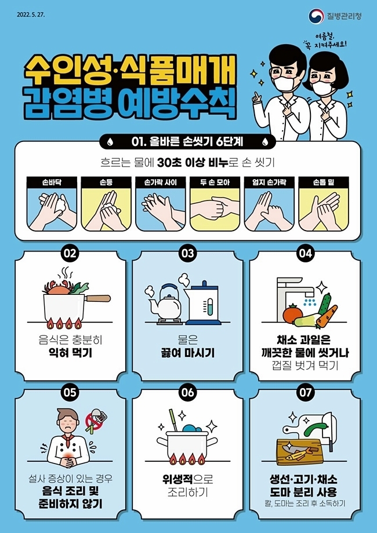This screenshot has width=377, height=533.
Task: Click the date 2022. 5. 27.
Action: [x=31, y=14]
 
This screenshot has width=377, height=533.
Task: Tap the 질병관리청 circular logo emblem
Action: [x=316, y=16]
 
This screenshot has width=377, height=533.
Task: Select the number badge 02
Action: [x=70, y=253]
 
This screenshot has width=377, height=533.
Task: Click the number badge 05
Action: [x=70, y=392]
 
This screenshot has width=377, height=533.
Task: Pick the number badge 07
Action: [x=305, y=392]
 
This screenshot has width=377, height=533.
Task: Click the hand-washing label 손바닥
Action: [x=52, y=182]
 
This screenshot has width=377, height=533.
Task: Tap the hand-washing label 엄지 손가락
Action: [x=269, y=182]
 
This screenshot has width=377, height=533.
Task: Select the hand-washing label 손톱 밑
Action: [x=324, y=182]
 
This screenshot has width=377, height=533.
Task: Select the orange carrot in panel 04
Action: [x=327, y=316]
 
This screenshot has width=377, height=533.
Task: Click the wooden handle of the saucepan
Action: [x=97, y=298]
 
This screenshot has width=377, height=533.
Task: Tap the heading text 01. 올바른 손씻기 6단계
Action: [x=187, y=142]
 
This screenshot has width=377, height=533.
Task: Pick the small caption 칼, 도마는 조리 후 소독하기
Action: [x=305, y=503]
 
